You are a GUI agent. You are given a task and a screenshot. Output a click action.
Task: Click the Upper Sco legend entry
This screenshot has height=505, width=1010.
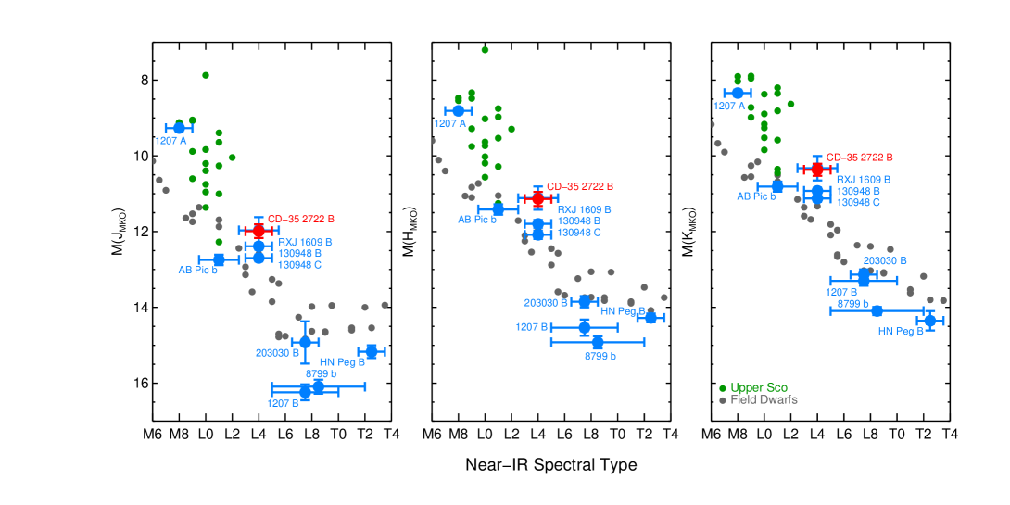[758, 387]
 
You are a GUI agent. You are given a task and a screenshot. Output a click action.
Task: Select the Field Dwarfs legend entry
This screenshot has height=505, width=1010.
[763, 399]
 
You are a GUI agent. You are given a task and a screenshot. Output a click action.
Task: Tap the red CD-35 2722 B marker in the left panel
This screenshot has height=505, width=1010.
[259, 230]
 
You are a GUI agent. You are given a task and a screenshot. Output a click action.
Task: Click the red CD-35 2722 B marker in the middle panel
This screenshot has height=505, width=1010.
[537, 198]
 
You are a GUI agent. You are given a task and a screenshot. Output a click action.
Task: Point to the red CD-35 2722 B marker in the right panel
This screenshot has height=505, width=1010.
[816, 169]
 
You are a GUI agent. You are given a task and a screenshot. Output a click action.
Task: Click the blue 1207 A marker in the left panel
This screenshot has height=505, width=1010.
[179, 128]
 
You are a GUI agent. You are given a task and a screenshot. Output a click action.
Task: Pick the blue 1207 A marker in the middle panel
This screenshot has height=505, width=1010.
[458, 111]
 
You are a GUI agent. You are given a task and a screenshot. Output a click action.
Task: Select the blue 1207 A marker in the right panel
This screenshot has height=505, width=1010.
[737, 93]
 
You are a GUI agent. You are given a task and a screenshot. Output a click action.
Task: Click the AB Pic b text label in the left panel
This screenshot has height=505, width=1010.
[198, 271]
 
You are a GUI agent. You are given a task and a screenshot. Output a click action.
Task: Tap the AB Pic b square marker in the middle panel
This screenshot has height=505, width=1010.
[498, 209]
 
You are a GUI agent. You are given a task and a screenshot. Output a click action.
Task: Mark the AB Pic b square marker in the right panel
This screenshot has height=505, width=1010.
[776, 186]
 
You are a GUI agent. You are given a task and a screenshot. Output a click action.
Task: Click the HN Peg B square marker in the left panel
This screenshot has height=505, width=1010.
[372, 351]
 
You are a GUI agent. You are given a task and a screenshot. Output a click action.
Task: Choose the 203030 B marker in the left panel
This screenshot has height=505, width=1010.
[305, 342]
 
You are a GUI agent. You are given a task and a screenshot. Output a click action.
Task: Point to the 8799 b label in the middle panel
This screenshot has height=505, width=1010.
[600, 356]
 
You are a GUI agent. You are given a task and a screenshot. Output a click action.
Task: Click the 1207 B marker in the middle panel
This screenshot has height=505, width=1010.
[584, 327]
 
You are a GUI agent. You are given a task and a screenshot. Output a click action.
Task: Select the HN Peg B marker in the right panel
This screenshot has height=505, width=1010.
[929, 321]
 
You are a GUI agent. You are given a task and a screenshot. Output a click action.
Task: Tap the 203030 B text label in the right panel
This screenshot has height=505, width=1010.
[884, 260]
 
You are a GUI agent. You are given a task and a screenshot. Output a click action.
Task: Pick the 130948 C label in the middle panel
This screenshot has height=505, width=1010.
[579, 233]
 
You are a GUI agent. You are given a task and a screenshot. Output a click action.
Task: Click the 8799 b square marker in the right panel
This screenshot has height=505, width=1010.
[877, 310]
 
